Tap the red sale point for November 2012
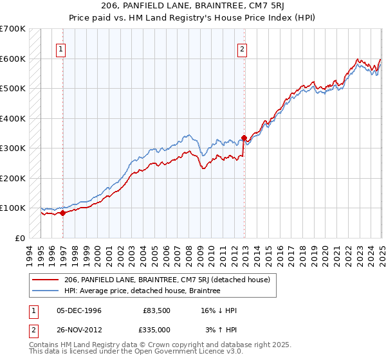244,138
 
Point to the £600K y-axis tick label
12,59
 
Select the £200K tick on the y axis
12,178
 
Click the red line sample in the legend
46,280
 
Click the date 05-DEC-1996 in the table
80,311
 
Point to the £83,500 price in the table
156,311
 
